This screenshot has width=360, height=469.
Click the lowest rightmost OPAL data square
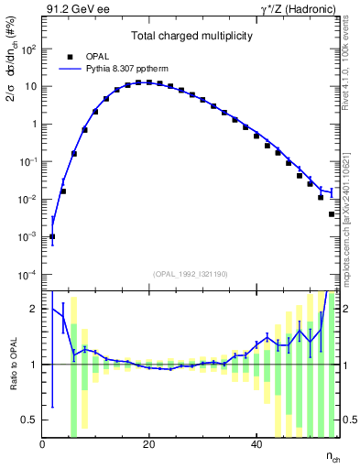331,214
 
